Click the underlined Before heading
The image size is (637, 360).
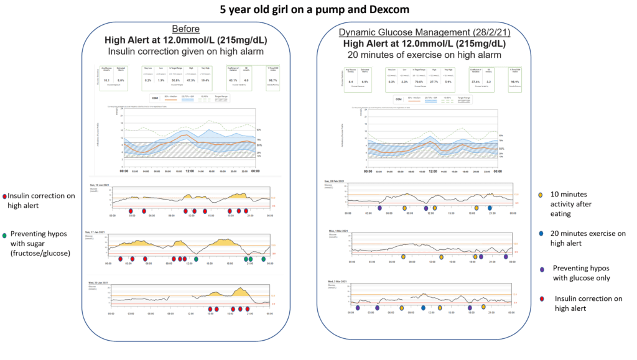point(187,29)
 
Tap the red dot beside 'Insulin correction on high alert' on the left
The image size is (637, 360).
point(4,196)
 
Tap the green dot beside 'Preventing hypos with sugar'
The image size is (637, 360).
point(4,235)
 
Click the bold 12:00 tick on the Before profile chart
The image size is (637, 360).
point(189,171)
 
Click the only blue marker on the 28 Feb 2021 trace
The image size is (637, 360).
point(490,208)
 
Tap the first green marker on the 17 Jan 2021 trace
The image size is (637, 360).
point(196,259)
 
